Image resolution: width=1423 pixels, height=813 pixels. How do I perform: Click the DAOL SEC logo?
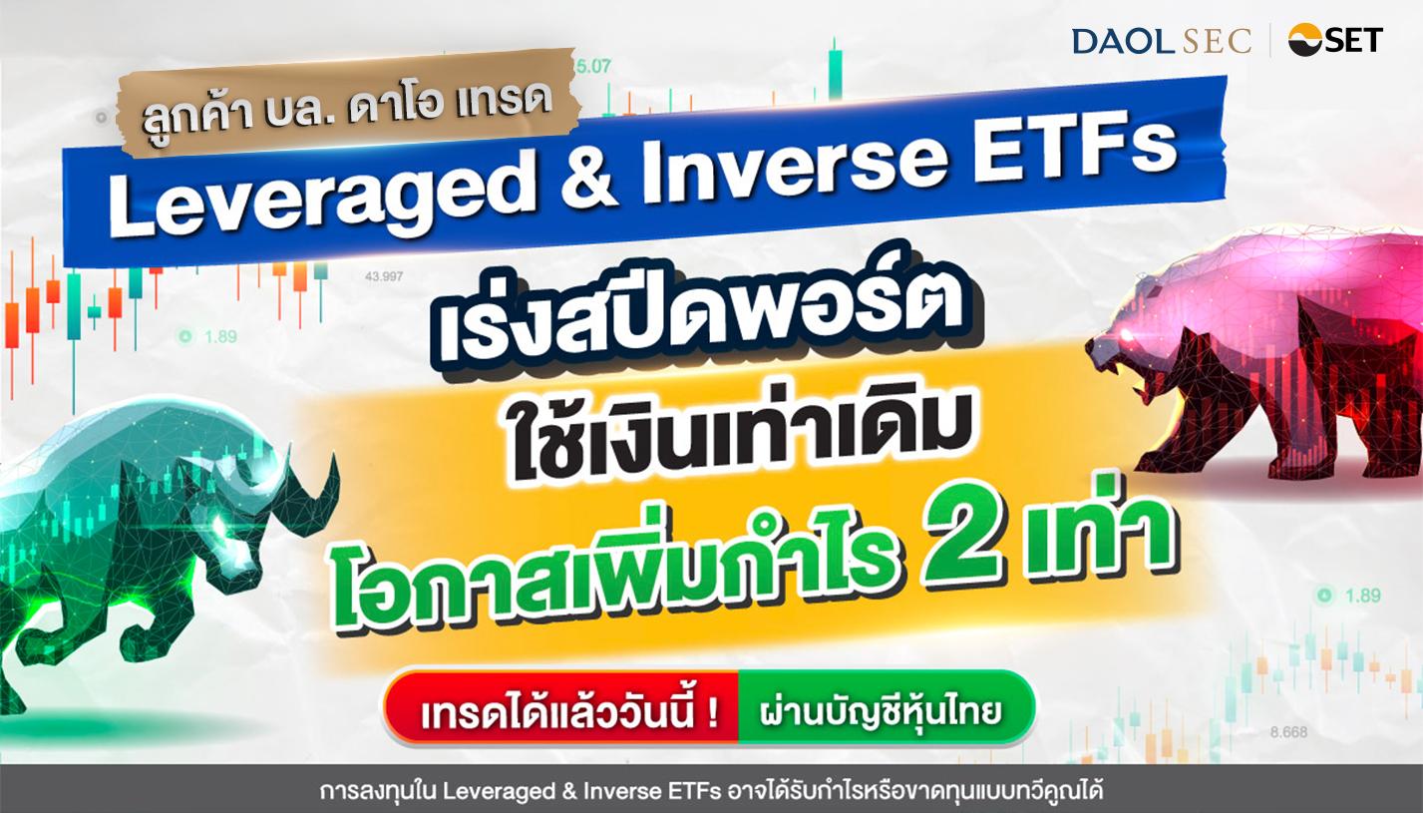pyautogui.click(x=1162, y=41)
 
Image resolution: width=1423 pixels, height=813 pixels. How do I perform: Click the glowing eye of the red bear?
pyautogui.click(x=1129, y=335)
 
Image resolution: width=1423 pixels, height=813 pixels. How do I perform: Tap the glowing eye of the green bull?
pyautogui.click(x=222, y=525)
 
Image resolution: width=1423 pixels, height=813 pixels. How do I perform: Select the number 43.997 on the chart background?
pyautogui.click(x=384, y=276)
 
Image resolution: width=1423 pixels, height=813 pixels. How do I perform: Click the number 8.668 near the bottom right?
pyautogui.click(x=1289, y=732)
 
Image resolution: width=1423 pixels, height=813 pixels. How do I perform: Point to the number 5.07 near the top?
pyautogui.click(x=592, y=66)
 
